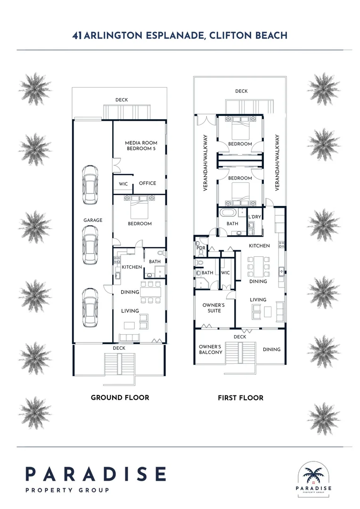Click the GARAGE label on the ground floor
(x=93, y=220)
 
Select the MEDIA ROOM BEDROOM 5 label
(x=141, y=146)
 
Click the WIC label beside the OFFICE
(x=123, y=184)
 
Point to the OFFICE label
(x=147, y=183)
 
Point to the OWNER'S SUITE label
(x=213, y=308)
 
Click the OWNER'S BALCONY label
(x=210, y=349)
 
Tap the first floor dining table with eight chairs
(x=259, y=267)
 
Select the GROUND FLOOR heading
(x=120, y=397)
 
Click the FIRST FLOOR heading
(x=240, y=398)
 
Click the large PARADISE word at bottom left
(x=96, y=473)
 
